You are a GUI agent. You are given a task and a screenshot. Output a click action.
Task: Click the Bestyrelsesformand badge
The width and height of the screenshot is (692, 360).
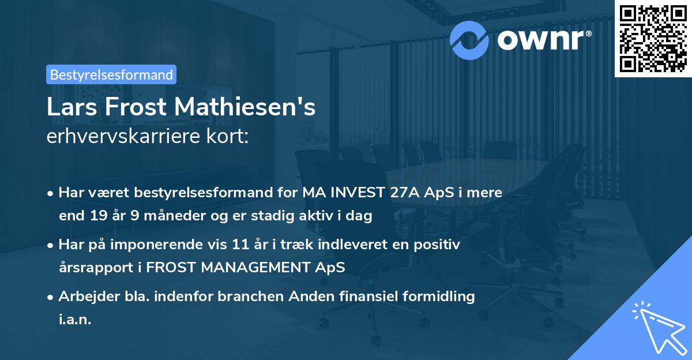tap(111, 74)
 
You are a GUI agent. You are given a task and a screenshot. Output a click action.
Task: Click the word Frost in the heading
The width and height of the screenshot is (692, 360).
tap(138, 108)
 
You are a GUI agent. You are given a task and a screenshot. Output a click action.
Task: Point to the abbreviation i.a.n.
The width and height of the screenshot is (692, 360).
tap(75, 320)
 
